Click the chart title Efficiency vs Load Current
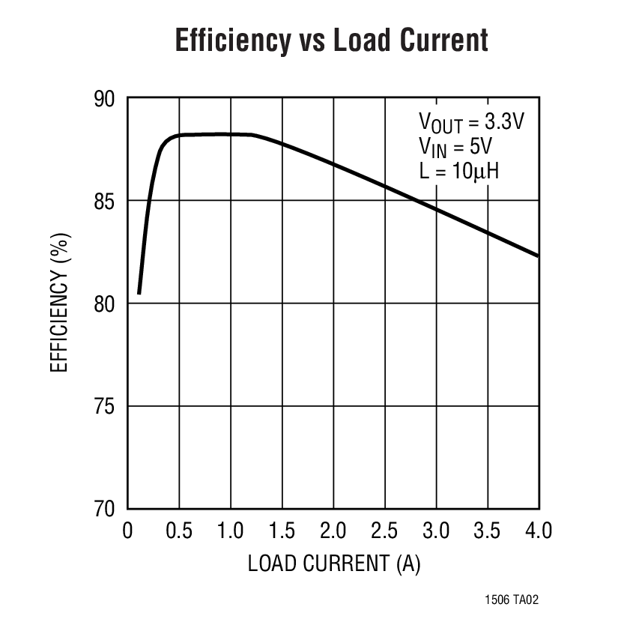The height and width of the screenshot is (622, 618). (x=331, y=40)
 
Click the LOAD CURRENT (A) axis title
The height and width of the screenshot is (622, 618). (x=334, y=564)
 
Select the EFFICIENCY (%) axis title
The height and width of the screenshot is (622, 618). (x=60, y=303)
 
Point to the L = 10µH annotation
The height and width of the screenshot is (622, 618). (x=459, y=170)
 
